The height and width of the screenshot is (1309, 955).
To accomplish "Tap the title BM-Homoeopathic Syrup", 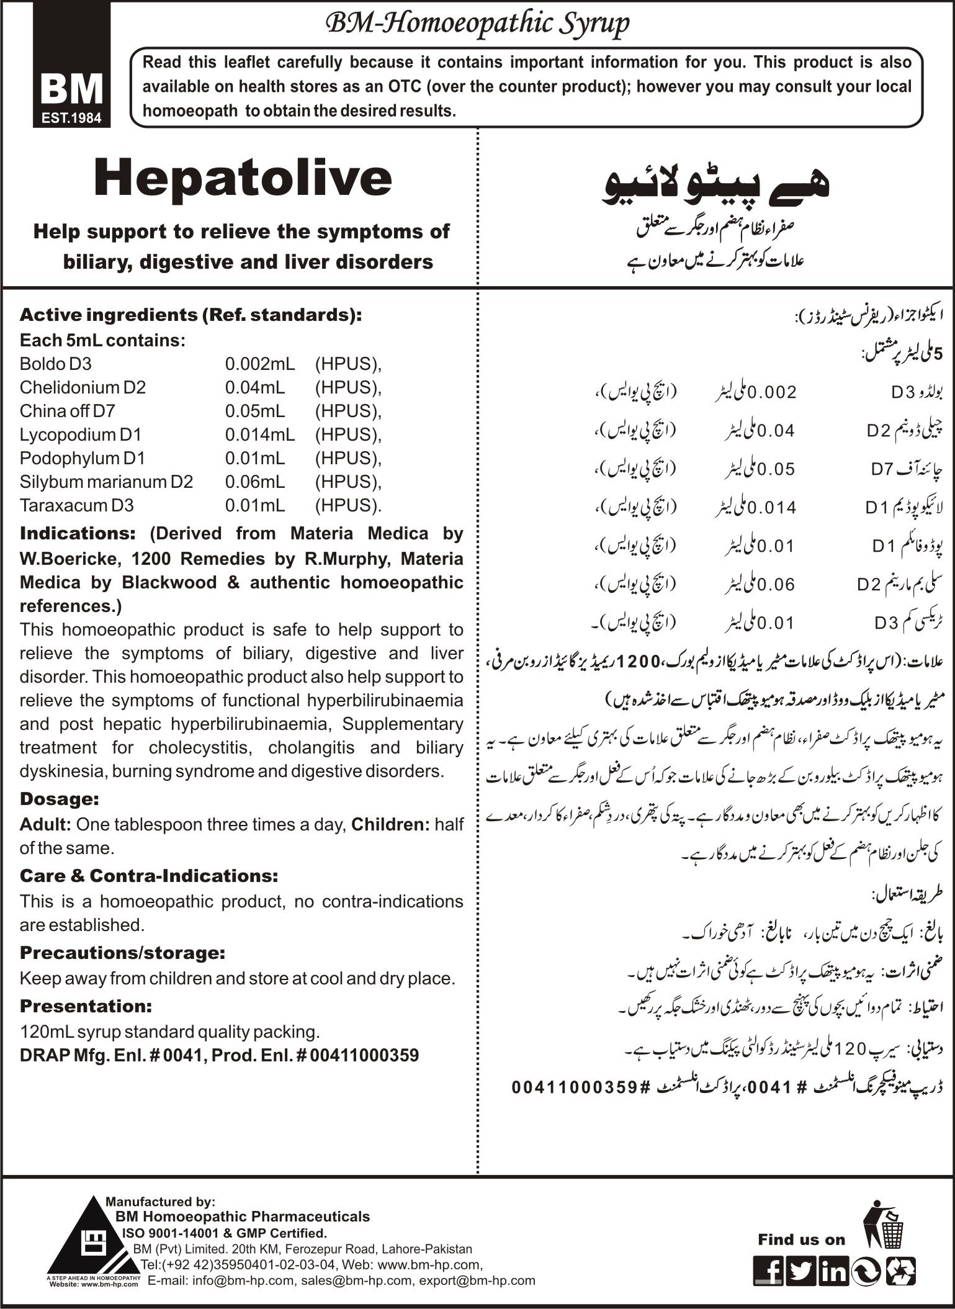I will [477, 24].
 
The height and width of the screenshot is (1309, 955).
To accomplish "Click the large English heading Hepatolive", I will [243, 179].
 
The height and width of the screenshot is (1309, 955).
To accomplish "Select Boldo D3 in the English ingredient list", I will [55, 364].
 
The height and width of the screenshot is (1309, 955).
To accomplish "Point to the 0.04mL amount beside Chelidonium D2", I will [255, 387].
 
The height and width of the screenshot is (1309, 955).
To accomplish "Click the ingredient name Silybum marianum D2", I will [106, 482].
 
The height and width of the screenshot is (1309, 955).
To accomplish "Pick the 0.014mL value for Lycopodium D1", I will [260, 434].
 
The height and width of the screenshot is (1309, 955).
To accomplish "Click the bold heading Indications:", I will [78, 534].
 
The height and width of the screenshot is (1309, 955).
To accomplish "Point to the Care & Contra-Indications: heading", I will [149, 876].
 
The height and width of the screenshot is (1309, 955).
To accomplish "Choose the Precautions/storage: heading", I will [122, 952].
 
